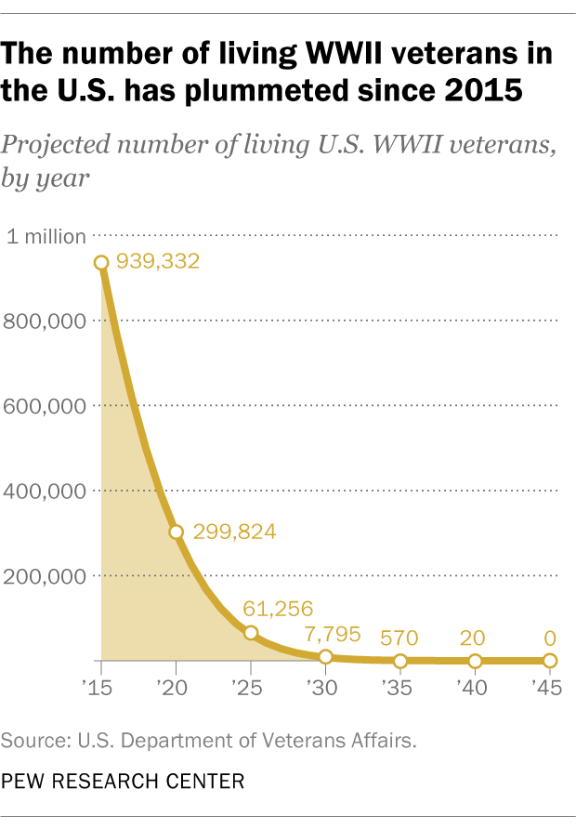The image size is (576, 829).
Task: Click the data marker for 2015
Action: (x=101, y=262)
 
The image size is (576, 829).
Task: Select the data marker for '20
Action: (x=176, y=533)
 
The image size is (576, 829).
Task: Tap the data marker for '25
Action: (x=251, y=633)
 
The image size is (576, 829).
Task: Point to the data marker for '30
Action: (x=325, y=657)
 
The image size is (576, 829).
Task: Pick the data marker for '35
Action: (x=400, y=661)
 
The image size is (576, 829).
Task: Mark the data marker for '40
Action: (x=475, y=661)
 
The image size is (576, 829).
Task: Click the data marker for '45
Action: (x=550, y=661)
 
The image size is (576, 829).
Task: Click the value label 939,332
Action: (x=159, y=263)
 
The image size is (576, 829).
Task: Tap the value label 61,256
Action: (x=277, y=610)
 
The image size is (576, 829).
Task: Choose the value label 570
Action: (x=399, y=638)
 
